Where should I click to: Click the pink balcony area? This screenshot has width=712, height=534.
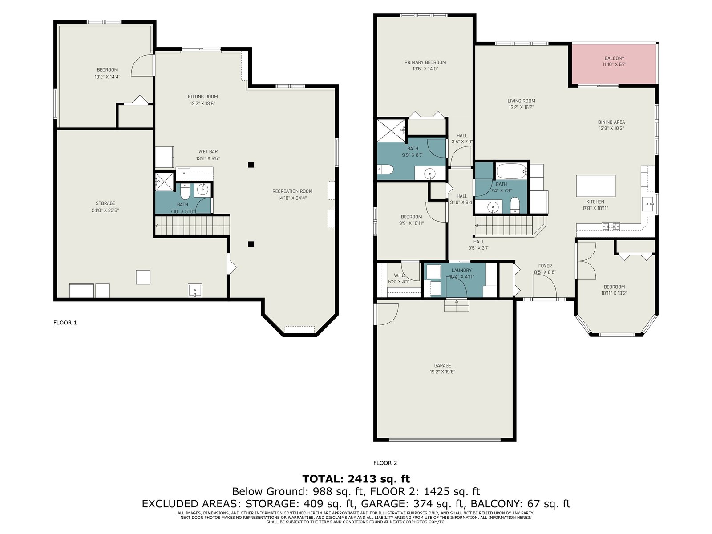pos(614,64)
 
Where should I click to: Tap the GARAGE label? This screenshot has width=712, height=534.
pos(442,365)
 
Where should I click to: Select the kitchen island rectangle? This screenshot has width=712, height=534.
pos(595,186)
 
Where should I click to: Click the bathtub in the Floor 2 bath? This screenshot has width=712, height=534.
pos(511,171)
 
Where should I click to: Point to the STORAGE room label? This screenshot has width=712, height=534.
pos(105,203)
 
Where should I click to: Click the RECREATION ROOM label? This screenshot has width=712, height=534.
pos(292,191)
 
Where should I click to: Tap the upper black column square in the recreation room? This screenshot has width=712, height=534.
pos(251,165)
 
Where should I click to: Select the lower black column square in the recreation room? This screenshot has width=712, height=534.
pos(251,244)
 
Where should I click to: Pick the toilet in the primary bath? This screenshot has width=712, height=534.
pos(385,169)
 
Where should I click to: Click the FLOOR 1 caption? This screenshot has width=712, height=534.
pos(65,323)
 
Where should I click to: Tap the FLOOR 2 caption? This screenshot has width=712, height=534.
pos(385,463)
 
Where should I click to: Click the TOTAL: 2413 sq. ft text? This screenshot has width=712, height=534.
pos(356,479)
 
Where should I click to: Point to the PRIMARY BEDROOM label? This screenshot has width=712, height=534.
pos(425,62)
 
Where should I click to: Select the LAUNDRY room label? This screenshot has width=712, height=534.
pos(461,271)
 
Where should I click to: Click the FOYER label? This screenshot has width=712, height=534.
pos(545,266)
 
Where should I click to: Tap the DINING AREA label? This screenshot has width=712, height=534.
pos(611,122)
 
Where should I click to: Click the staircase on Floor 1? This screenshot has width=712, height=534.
pos(192,226)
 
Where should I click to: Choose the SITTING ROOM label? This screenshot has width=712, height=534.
pos(203,97)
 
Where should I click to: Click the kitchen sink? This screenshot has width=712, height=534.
pos(648,204)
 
